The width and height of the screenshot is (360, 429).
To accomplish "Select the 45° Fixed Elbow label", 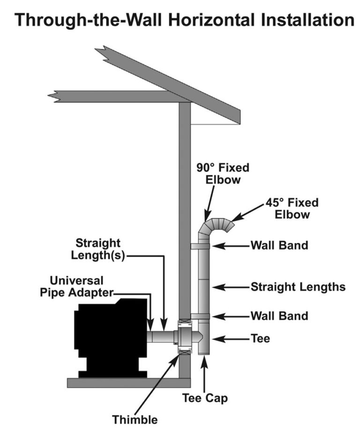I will pos(291,209).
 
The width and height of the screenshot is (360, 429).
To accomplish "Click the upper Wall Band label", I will pos(279,245).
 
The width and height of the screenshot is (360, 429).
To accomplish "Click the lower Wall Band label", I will pos(279,316).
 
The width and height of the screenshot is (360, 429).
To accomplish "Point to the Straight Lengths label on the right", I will pos(298,286).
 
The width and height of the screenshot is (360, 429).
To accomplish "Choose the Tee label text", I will pos(260,338).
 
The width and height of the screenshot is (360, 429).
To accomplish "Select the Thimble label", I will pos(135,419).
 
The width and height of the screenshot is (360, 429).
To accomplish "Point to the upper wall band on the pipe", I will pos(201,246).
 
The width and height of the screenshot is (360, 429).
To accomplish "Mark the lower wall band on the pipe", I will pos(201,316).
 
